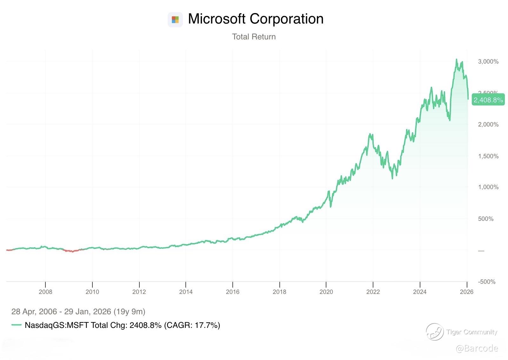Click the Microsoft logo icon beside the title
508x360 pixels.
point(175,20)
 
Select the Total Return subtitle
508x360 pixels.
point(254,37)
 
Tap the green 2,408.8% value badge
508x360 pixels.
point(488,100)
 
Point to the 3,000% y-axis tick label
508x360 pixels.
point(488,62)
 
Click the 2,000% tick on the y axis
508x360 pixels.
point(488,125)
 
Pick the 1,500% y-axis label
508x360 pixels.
point(488,156)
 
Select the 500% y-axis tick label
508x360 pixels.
point(486,219)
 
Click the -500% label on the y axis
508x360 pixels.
point(486,282)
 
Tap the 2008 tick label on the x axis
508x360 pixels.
point(45,292)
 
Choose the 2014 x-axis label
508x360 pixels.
point(186,292)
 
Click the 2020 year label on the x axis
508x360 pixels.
point(326,292)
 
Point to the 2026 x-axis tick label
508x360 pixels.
point(466,292)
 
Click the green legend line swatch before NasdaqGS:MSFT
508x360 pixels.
point(17,325)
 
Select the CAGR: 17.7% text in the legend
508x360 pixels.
point(192,325)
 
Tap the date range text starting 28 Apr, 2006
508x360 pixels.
point(78,311)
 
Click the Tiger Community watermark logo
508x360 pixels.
point(434,332)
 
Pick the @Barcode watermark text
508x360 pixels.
point(477,349)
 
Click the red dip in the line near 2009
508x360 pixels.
point(72,251)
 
